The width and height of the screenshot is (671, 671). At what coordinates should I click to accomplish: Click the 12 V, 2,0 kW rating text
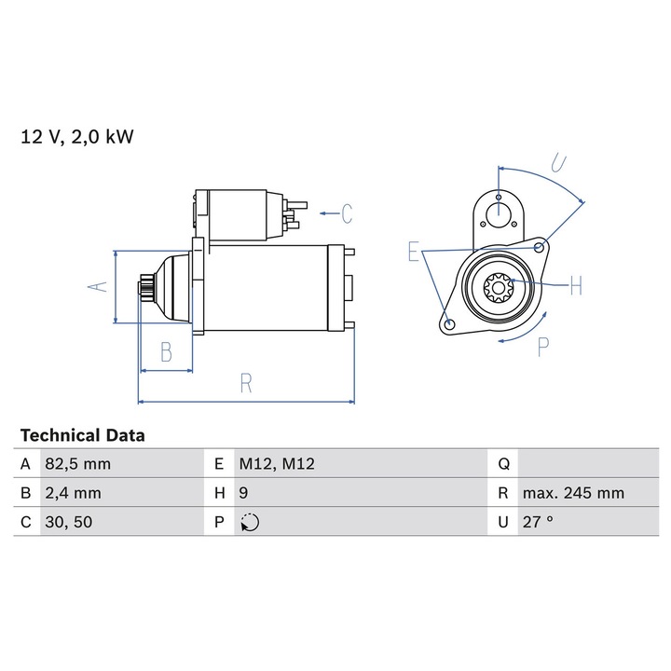(x=77, y=137)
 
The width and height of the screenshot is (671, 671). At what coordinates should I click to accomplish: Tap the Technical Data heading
(x=82, y=435)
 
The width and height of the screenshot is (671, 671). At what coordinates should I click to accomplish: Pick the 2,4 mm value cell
(x=73, y=493)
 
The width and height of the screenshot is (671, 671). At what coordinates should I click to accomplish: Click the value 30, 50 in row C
(x=68, y=522)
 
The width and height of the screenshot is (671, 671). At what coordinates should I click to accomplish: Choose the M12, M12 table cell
(x=278, y=464)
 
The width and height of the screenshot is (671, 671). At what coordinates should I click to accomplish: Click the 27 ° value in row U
(x=538, y=522)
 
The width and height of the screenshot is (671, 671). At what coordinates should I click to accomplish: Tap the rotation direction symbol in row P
(x=250, y=523)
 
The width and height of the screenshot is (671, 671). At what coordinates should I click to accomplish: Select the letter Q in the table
(x=503, y=464)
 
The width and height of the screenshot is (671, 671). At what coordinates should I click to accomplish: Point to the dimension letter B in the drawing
(x=166, y=352)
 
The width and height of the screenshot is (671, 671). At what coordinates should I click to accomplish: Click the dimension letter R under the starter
(x=246, y=384)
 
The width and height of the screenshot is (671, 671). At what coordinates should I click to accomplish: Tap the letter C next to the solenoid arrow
(x=346, y=214)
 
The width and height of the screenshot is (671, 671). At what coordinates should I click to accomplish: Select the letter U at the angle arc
(x=558, y=164)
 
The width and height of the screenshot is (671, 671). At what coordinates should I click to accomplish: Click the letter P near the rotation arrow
(x=543, y=347)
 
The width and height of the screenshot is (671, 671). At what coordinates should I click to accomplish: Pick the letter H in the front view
(x=575, y=285)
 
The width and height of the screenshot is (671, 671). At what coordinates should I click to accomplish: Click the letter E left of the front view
(x=414, y=252)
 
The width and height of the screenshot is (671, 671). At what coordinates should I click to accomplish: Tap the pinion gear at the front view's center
(x=498, y=288)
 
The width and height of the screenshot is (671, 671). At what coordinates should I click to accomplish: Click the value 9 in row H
(x=243, y=493)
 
